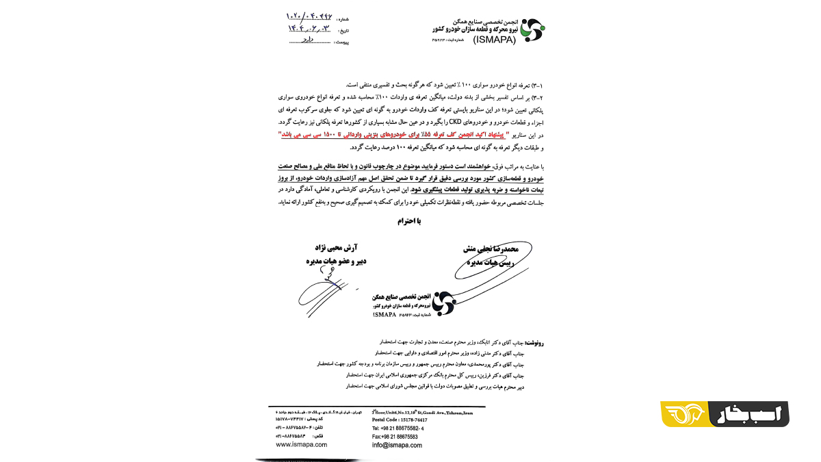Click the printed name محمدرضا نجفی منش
[x=487, y=251]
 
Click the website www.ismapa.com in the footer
[x=301, y=444]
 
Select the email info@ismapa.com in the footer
[x=396, y=445]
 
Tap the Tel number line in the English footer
[x=398, y=428]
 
